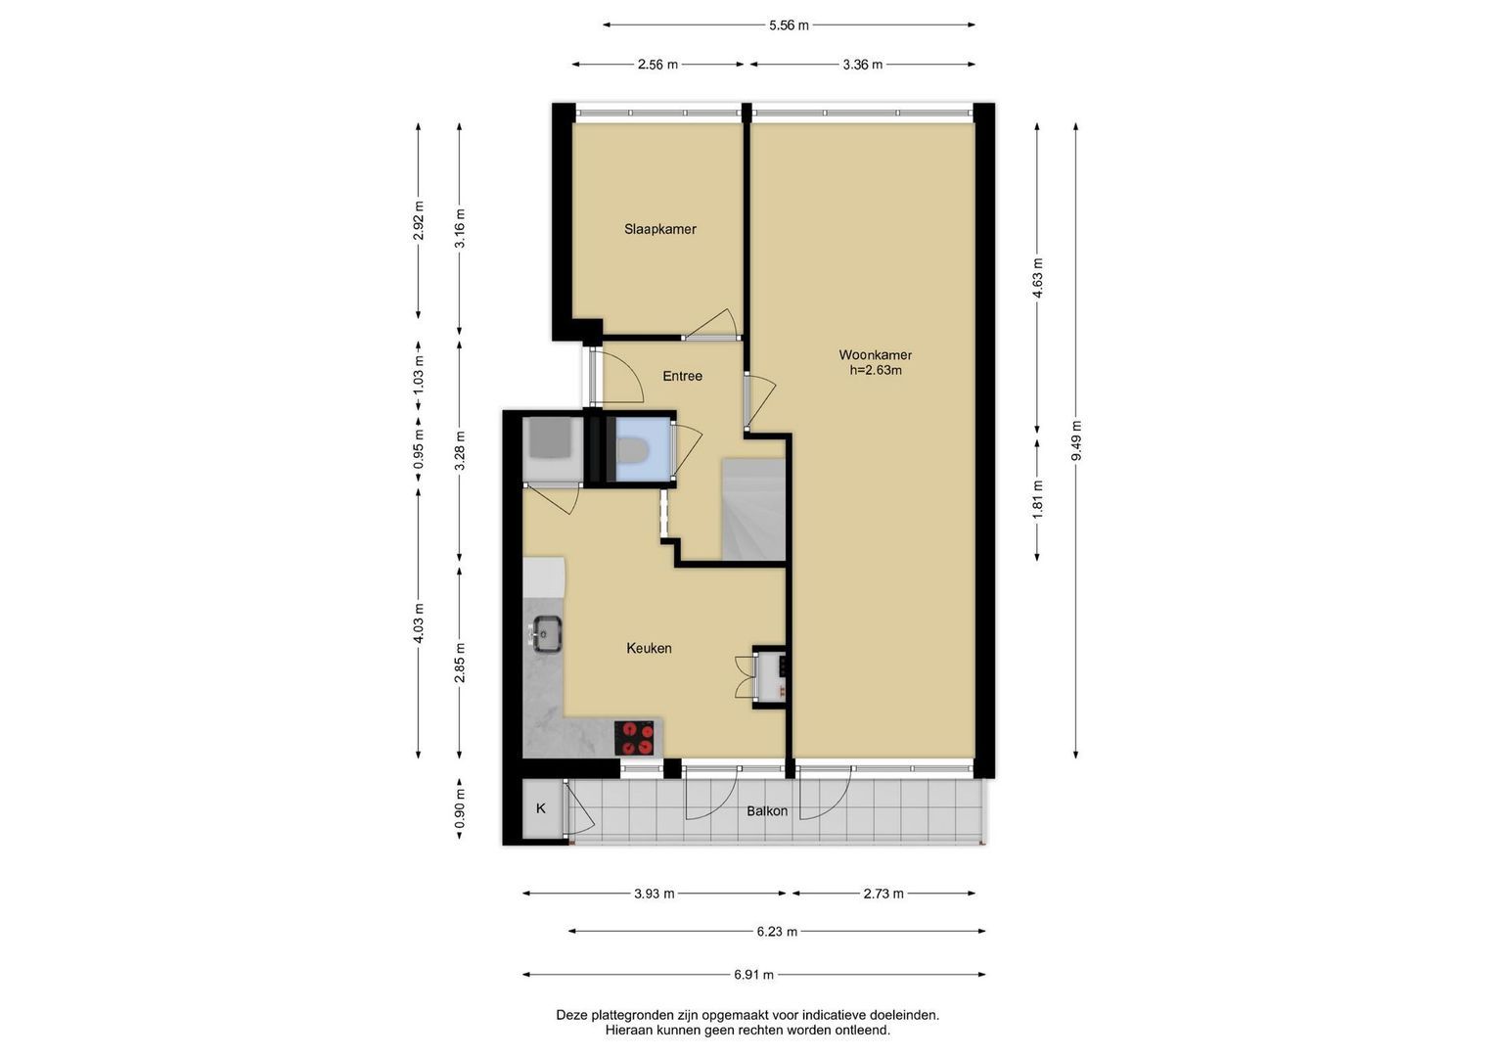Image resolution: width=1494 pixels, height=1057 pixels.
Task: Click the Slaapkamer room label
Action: [659, 229]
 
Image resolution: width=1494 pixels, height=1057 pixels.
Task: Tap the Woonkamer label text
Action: [875, 355]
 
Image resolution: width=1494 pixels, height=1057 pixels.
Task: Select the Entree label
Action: [682, 376]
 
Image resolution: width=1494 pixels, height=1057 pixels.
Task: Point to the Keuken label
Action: [649, 648]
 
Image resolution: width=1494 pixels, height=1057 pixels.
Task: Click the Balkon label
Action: [766, 810]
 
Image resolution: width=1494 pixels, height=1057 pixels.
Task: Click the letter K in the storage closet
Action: [541, 808]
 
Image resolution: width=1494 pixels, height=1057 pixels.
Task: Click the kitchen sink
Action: [547, 633]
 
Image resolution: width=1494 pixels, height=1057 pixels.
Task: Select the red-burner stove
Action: [634, 737]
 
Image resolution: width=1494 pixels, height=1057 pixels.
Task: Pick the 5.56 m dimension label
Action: [789, 25]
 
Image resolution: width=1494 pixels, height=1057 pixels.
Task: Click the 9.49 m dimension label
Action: [1076, 440]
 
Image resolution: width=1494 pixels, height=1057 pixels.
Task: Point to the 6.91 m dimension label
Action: [753, 975]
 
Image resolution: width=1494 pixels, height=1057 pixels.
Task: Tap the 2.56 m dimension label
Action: [657, 65]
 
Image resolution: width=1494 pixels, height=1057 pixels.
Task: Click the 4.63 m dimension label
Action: [1037, 278]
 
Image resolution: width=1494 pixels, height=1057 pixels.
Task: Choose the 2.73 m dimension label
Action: [883, 894]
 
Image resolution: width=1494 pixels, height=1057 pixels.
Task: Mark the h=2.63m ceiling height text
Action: [875, 370]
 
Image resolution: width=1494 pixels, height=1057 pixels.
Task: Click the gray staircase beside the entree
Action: [753, 509]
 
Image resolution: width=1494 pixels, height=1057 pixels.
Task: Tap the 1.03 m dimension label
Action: [419, 374]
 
